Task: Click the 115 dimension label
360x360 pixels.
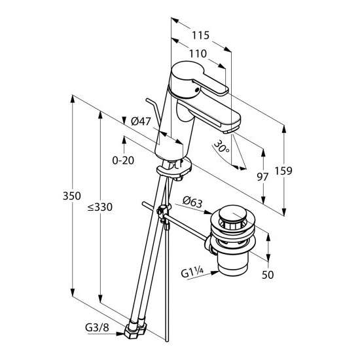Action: coord(201,35)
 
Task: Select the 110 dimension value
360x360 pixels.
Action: coord(198,54)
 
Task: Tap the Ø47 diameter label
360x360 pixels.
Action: coord(141,121)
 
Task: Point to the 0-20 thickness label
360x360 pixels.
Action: coord(123,160)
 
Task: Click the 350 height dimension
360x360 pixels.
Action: coord(71,196)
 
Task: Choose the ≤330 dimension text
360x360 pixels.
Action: coord(100,207)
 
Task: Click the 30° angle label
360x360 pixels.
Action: coord(221,147)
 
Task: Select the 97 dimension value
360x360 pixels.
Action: coord(262,177)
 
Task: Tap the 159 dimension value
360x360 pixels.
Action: coord(283,171)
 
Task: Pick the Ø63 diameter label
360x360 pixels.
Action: coord(192,202)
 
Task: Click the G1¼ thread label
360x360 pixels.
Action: coord(192,273)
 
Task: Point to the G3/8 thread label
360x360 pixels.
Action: coord(97,328)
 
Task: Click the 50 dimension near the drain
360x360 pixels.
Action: coord(268,275)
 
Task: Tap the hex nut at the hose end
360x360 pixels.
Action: coord(135,331)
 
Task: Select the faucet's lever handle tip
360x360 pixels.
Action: coord(225,91)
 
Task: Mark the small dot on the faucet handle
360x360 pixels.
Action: coord(196,90)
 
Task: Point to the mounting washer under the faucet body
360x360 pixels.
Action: coord(174,170)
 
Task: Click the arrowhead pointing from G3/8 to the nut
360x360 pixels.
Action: coord(120,333)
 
